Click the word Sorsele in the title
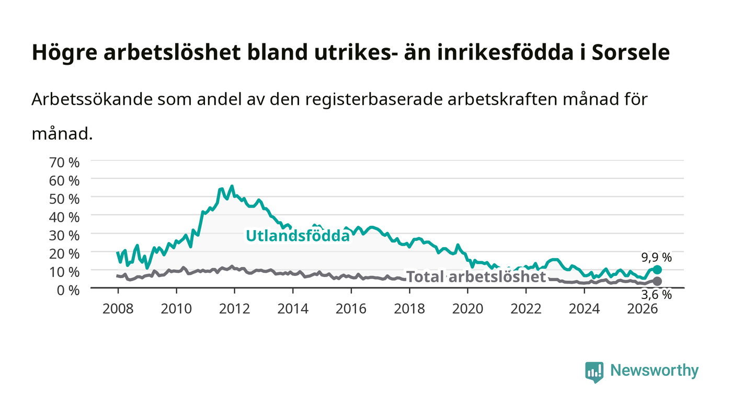pos(631,52)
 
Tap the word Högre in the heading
pos(65,53)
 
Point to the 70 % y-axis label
pos(64,163)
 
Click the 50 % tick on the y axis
pos(64,199)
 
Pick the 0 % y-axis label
pos(68,290)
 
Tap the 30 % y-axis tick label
pos(64,236)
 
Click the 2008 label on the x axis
pos(118,309)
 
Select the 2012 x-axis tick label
pos(234,309)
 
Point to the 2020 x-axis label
pos(467,309)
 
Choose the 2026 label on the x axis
pos(643,309)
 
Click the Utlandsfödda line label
pos(298,236)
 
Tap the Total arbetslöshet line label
pos(476,277)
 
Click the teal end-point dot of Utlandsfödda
pos(657,270)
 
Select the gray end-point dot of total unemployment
pos(657,281)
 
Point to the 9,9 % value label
pos(657,258)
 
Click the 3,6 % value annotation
pos(657,295)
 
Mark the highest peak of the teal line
pos(232,186)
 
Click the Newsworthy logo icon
pos(594,372)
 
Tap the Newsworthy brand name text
pos(654,371)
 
